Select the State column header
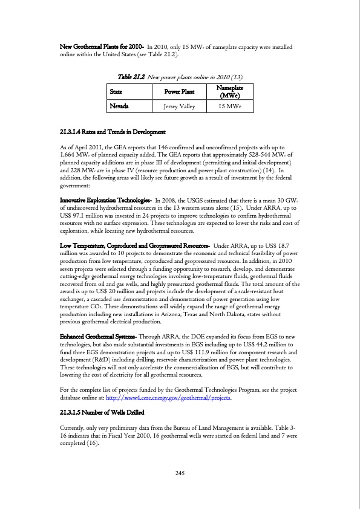116,92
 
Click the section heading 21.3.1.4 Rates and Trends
113,132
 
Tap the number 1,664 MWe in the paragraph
75,155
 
